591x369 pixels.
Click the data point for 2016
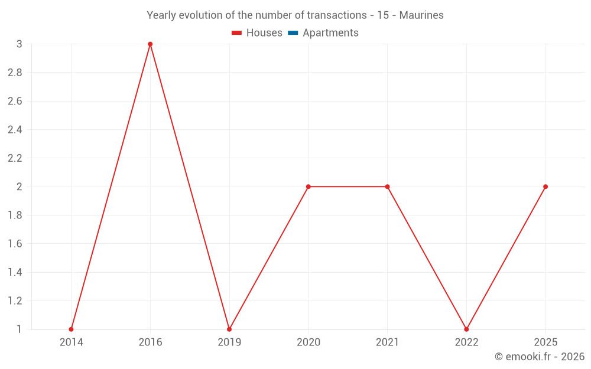(x=150, y=44)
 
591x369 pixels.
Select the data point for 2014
(x=71, y=329)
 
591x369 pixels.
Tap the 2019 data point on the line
(x=229, y=329)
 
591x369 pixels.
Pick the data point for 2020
(x=309, y=187)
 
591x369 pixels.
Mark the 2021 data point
(x=387, y=187)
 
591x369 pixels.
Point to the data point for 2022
(x=466, y=329)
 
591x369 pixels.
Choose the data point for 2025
(x=545, y=187)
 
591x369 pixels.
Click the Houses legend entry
(x=264, y=33)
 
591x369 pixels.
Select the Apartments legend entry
(x=330, y=33)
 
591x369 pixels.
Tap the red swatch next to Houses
(x=237, y=33)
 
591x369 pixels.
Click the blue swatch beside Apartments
(x=293, y=33)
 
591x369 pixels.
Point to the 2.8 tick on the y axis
(x=15, y=73)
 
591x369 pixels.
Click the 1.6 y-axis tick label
(x=15, y=244)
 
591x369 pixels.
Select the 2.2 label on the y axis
(x=15, y=158)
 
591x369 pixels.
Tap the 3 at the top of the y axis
(x=19, y=44)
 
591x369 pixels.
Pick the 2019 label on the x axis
(x=229, y=342)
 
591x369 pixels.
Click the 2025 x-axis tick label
(x=545, y=342)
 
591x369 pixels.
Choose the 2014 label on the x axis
(x=71, y=342)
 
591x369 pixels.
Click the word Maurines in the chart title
(x=421, y=15)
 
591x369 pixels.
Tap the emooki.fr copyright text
(x=540, y=357)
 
